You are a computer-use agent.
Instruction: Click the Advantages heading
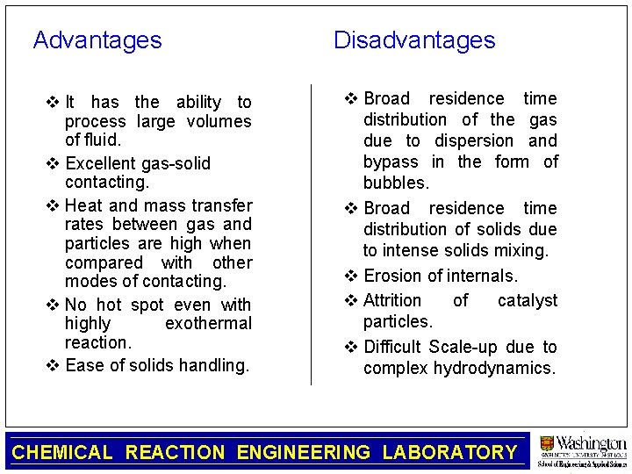pos(97,40)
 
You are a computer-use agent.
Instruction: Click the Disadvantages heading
pos(414,40)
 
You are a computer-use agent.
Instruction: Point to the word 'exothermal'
pos(208,324)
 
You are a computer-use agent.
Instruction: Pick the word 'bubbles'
pos(396,183)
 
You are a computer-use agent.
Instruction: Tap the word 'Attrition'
pos(392,300)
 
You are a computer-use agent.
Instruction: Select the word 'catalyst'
pos(527,300)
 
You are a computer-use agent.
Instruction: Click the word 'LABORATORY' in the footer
pos(449,453)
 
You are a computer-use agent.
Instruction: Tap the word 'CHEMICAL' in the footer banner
pos(62,453)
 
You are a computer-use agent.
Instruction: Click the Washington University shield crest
pos(548,444)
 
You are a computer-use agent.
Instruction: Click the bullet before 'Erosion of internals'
pos(350,276)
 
